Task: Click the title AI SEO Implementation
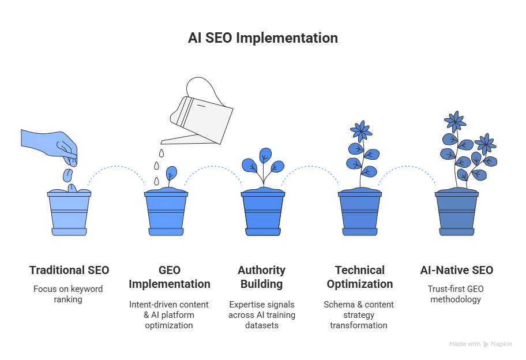[x=263, y=38]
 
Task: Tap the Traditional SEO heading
[x=69, y=270]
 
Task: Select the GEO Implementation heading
[x=169, y=277]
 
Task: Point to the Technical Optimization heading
[x=359, y=277]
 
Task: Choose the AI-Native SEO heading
[x=456, y=270]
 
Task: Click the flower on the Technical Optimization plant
[x=361, y=132]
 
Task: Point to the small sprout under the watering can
[x=171, y=175]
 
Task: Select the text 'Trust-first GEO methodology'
[x=456, y=293]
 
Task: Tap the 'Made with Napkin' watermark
[x=480, y=344]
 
